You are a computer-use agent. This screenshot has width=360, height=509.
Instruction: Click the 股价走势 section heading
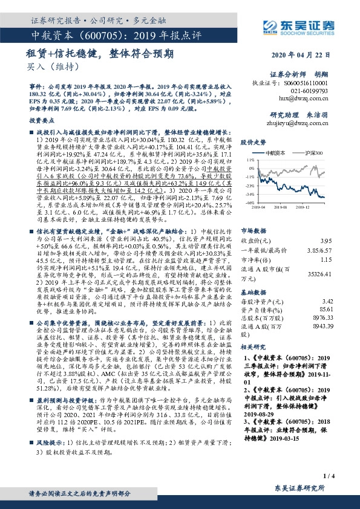[x=253, y=142]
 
